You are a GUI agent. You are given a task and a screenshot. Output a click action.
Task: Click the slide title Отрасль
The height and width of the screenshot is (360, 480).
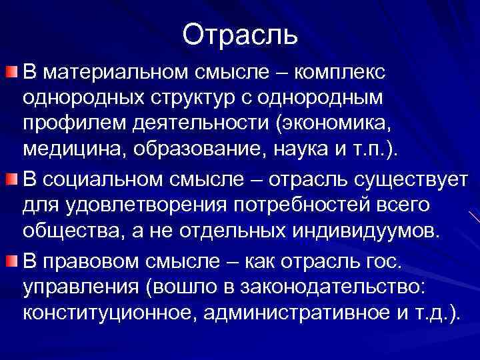(x=240, y=33)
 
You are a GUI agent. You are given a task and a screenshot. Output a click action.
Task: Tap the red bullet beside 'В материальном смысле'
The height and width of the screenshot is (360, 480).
(x=11, y=71)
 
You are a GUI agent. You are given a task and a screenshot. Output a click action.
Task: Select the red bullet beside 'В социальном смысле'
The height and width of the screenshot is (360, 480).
(x=11, y=178)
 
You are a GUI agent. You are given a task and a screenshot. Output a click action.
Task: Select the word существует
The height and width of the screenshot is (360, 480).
(x=410, y=179)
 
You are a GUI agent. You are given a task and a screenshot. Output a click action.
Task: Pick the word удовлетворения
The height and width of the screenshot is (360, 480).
(x=149, y=205)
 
